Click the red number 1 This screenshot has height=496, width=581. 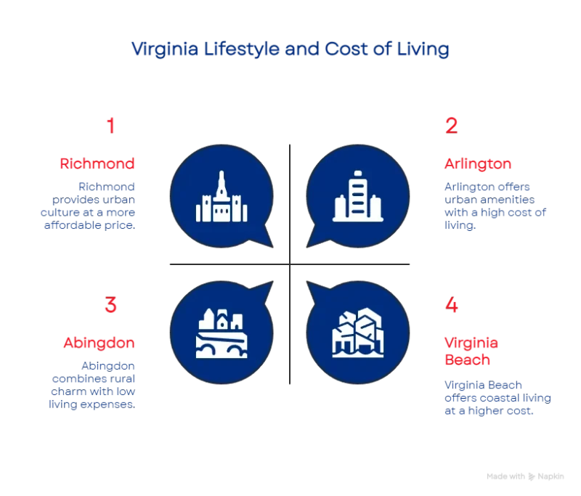tap(110, 126)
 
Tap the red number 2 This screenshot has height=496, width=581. tap(451, 126)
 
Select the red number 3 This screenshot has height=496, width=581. tap(110, 305)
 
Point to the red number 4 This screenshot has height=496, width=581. tap(451, 305)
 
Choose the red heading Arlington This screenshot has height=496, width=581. tap(476, 165)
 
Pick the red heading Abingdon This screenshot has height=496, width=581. tap(99, 342)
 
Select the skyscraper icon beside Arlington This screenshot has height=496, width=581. tap(355, 197)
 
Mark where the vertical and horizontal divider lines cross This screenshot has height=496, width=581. tap(290, 263)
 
